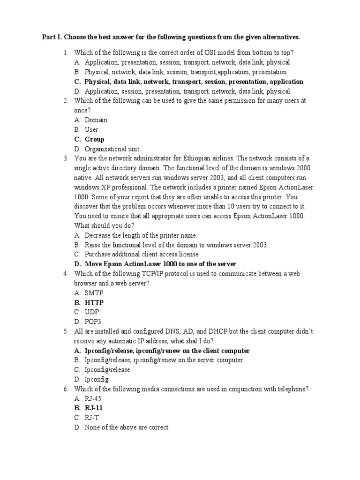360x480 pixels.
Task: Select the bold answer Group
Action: coord(94,139)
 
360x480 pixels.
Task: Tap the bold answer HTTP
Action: coord(94,303)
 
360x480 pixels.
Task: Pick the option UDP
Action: coord(92,312)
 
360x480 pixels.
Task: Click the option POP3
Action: coord(93,322)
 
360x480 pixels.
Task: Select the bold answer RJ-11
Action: coord(94,408)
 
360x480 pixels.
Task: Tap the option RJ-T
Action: coord(92,417)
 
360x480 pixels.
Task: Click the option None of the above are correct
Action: coord(126,427)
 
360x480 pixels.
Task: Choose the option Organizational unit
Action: coord(112,149)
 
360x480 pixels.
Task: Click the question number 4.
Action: coord(66,274)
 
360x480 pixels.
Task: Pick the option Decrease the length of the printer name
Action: coord(141,235)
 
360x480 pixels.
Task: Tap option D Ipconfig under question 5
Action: coord(97,379)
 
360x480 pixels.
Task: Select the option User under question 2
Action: coord(91,129)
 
